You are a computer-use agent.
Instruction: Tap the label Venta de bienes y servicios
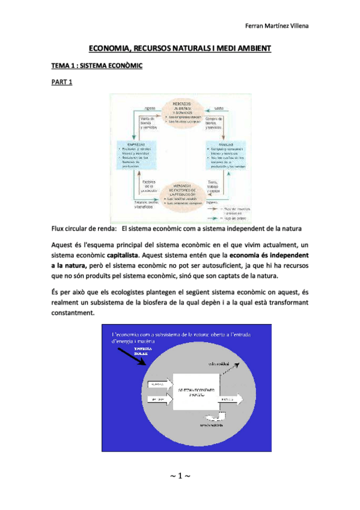click(x=149, y=123)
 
